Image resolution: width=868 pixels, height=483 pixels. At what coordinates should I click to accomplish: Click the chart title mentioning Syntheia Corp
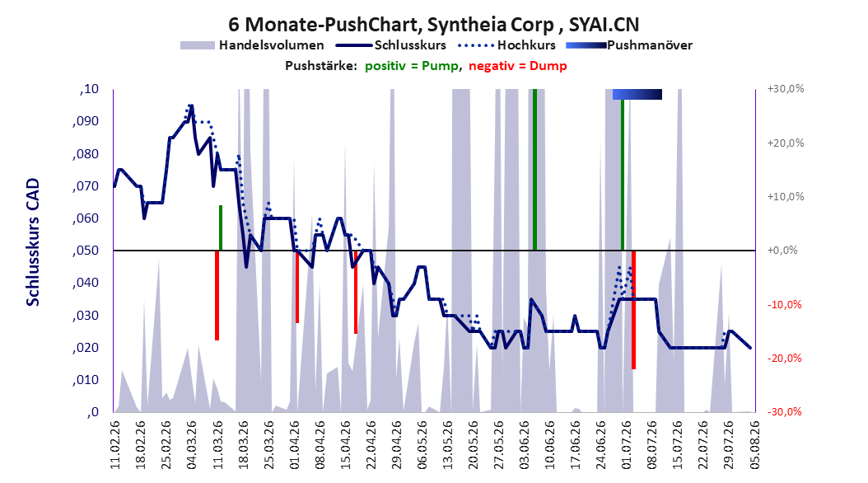coord(433,25)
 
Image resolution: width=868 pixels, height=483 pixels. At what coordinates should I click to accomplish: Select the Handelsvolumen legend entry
coord(252,45)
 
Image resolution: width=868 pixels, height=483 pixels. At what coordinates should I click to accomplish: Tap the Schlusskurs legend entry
coord(390,45)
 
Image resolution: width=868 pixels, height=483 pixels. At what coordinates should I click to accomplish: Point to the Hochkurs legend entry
coord(507,45)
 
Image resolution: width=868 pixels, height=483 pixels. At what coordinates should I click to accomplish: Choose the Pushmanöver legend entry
coord(629,45)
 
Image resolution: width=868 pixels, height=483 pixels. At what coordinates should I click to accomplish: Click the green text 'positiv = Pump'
coord(411,66)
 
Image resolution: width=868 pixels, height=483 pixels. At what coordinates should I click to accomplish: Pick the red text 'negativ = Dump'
coord(518,66)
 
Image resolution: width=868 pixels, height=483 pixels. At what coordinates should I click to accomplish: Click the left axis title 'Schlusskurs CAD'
coord(33,242)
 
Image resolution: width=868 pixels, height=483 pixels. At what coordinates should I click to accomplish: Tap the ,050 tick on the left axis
coord(86,251)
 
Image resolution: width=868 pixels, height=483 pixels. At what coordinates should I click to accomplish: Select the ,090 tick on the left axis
coord(86,121)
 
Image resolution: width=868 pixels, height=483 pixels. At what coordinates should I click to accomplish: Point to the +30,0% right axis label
coord(786,89)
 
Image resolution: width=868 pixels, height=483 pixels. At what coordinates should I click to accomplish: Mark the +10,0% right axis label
coord(786,197)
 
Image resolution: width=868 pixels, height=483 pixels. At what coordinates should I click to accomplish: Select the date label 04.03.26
coord(192,445)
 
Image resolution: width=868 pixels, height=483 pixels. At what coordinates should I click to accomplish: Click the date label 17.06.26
coord(576,445)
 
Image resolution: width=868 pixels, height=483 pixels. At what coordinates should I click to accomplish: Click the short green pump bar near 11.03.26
coord(221,227)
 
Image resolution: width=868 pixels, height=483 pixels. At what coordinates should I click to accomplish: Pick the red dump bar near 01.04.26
coord(297,287)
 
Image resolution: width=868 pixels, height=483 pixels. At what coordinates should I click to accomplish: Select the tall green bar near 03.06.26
coord(534,170)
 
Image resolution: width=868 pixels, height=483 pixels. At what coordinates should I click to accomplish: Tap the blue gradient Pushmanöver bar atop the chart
coord(637,95)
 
